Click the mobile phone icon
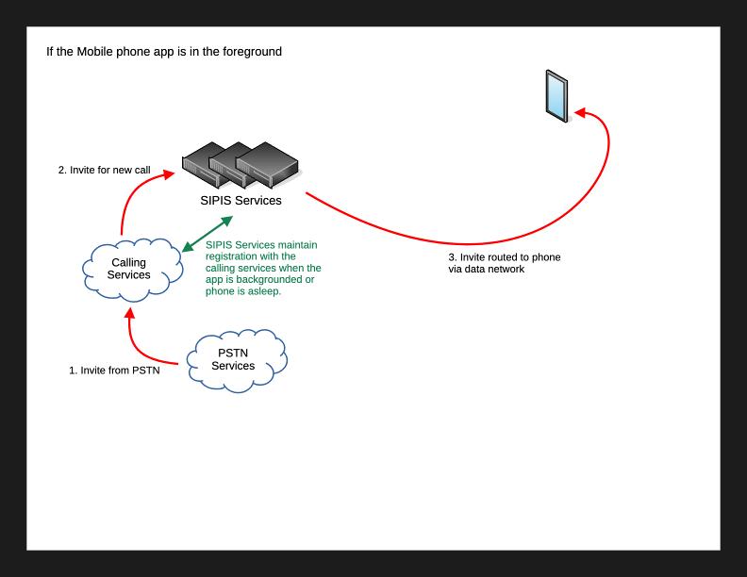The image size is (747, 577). (558, 95)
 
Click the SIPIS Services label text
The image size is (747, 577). (241, 200)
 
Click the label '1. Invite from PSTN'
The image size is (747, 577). (114, 371)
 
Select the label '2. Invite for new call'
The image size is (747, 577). (104, 171)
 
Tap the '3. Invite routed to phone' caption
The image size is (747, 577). (505, 257)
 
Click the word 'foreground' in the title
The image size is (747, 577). (251, 51)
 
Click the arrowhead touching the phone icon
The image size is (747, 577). (580, 112)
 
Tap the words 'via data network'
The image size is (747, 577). (486, 269)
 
